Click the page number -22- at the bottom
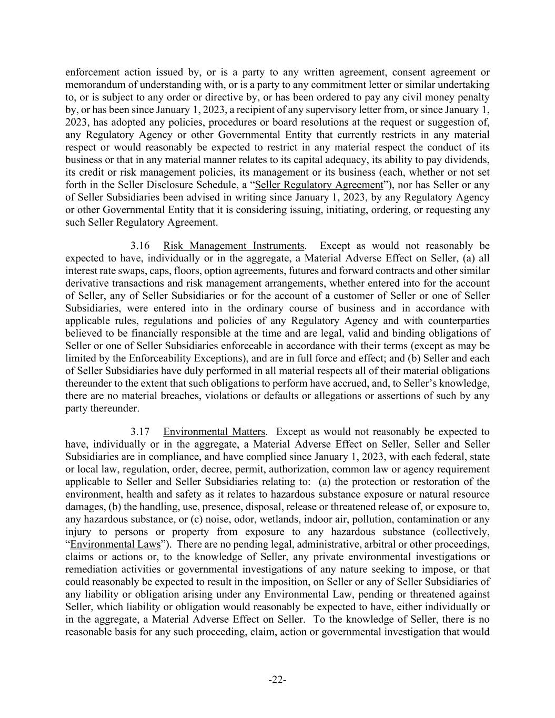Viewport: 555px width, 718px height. (277, 680)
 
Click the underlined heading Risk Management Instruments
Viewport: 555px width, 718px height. (234, 246)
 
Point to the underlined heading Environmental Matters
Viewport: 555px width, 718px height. (214, 432)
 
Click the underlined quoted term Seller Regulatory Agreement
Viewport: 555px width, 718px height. (319, 185)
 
